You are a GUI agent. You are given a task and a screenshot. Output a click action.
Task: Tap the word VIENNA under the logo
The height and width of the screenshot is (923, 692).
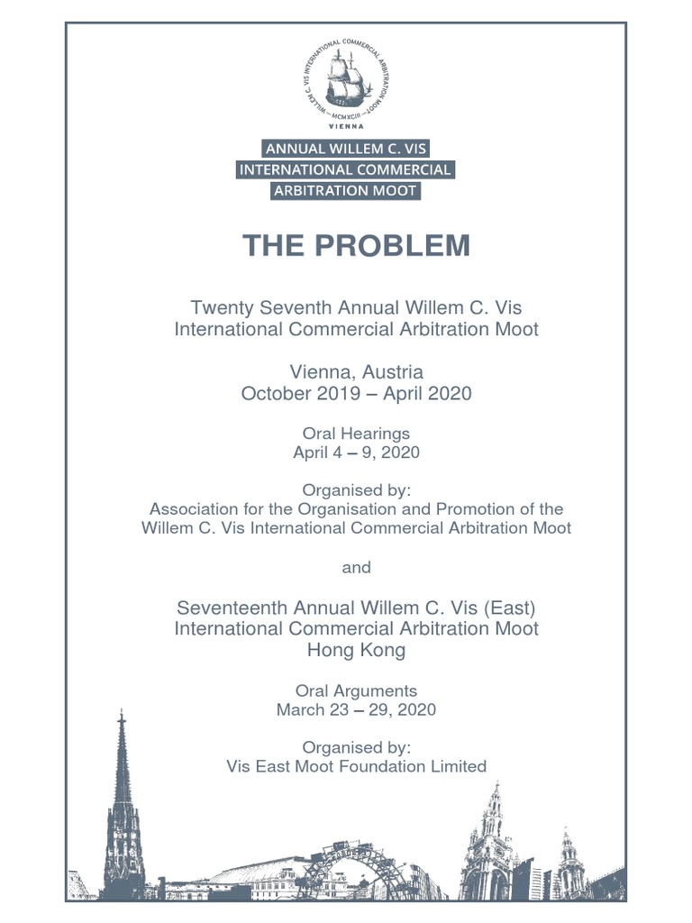coord(346,127)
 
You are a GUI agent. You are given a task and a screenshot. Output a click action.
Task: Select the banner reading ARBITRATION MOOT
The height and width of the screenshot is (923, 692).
coord(345,190)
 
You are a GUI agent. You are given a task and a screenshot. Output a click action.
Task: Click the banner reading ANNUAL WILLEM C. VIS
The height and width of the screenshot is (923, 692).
coord(345,148)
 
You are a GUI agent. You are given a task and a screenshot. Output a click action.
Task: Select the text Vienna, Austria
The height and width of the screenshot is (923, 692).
coord(356,371)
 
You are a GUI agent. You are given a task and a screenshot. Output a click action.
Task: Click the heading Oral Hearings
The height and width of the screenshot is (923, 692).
coord(356,434)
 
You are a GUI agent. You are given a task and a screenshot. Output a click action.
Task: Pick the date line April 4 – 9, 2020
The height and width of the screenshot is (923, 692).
coord(356,452)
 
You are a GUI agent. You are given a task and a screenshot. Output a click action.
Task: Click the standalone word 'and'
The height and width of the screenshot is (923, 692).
coord(356,568)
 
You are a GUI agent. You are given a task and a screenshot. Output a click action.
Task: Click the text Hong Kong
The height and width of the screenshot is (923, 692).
coord(356,649)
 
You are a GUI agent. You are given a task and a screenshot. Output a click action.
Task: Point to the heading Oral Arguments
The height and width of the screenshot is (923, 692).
coord(356,690)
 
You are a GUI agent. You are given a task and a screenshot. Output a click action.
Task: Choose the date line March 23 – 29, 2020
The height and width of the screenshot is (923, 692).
coord(356,709)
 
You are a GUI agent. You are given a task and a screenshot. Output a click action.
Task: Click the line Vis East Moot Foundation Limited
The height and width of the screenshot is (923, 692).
coord(356,766)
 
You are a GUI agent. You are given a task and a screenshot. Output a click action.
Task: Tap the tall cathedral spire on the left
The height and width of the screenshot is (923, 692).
coord(123,793)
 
